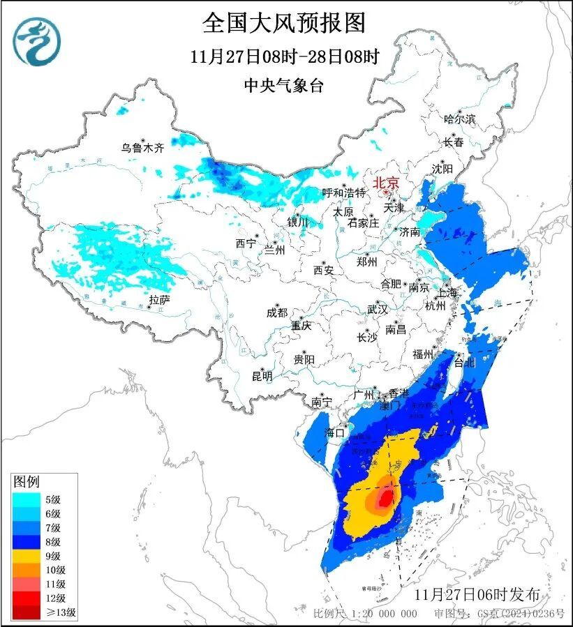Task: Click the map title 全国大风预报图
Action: click(284, 23)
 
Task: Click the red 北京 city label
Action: click(386, 183)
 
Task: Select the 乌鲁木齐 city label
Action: click(142, 147)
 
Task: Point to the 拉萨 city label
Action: click(159, 300)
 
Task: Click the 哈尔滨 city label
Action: click(459, 119)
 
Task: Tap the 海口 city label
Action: click(336, 433)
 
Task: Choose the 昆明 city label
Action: click(262, 376)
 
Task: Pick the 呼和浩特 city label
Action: click(343, 192)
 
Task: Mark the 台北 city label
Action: click(464, 362)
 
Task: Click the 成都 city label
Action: click(276, 313)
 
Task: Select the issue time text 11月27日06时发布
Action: click(476, 595)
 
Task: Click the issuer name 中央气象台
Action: click(284, 86)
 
